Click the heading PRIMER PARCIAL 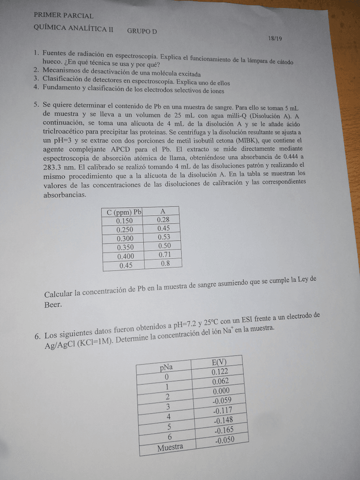[64, 16]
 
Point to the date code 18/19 [275, 38]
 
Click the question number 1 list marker [36, 52]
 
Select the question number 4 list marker [36, 88]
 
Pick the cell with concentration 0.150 [124, 221]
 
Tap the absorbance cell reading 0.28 [163, 220]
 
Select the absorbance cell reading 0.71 [164, 255]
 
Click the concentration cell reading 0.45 [125, 265]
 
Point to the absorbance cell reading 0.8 [165, 263]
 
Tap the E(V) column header [218, 362]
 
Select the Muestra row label [170, 447]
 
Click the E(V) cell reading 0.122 [219, 372]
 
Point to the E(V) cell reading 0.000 [221, 391]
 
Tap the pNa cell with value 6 [169, 436]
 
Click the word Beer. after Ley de [53, 305]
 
